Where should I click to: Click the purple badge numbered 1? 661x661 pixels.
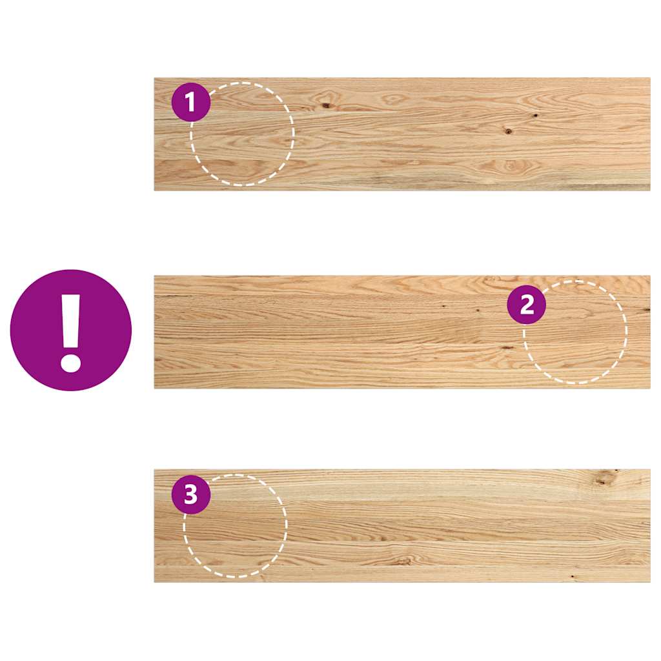click(x=191, y=102)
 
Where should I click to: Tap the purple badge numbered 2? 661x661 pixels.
click(x=527, y=305)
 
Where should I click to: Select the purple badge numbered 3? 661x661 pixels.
click(x=191, y=495)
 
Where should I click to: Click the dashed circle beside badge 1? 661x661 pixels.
click(x=242, y=134)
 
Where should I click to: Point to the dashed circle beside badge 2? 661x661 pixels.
click(x=575, y=332)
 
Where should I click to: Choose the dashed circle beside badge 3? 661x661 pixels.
click(x=235, y=525)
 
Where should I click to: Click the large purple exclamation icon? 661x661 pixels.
click(x=71, y=330)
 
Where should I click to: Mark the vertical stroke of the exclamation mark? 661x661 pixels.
click(x=71, y=320)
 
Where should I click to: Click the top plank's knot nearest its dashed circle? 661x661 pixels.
click(x=326, y=105)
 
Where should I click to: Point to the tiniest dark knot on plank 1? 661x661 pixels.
click(x=536, y=116)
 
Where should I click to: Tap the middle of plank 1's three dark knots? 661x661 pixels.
click(x=509, y=131)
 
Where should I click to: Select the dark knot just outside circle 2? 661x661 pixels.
click(x=507, y=347)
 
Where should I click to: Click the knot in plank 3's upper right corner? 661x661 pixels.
click(x=605, y=478)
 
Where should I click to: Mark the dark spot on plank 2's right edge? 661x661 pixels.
click(x=646, y=310)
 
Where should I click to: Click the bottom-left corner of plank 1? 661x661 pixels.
click(x=155, y=190)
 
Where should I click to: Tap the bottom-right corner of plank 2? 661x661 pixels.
click(x=649, y=387)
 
